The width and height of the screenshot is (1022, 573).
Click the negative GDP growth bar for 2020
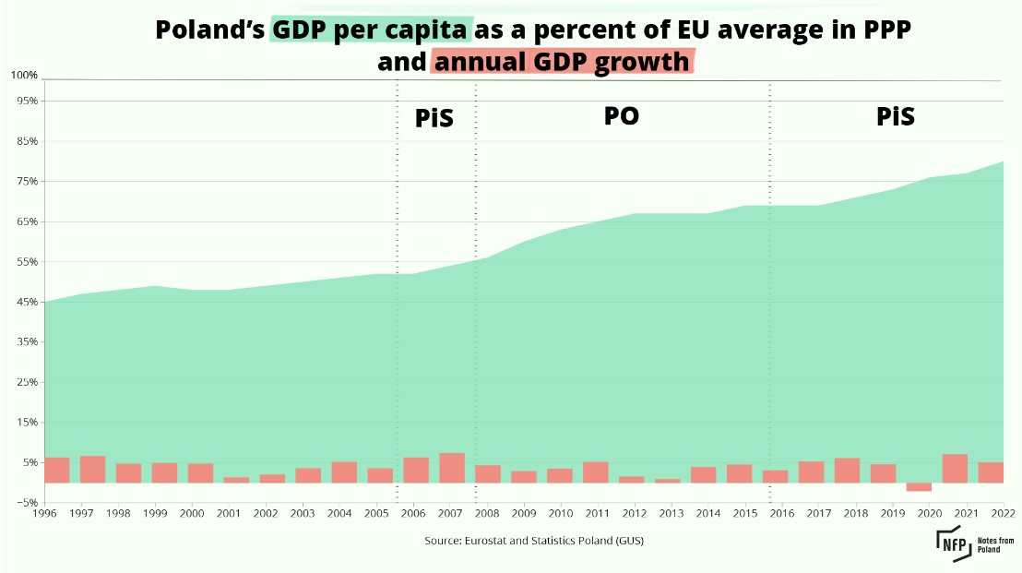click(x=919, y=486)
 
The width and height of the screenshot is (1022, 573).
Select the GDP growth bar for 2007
click(x=452, y=468)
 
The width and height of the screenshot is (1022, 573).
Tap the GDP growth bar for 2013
click(x=668, y=480)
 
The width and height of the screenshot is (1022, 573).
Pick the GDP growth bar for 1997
click(x=92, y=469)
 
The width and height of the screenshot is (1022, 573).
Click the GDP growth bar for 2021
click(x=955, y=468)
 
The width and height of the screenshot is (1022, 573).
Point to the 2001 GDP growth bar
click(x=236, y=479)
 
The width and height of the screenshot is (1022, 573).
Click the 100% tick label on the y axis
click(x=25, y=75)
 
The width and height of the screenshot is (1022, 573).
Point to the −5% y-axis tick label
click(x=25, y=503)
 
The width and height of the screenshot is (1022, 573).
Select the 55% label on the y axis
click(x=25, y=262)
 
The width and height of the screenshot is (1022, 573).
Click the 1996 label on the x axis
click(x=45, y=513)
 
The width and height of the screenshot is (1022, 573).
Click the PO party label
click(x=622, y=116)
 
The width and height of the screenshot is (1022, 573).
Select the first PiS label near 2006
click(x=434, y=119)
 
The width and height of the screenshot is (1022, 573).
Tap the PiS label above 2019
click(x=895, y=117)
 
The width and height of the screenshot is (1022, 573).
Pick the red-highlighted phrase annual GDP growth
click(x=562, y=62)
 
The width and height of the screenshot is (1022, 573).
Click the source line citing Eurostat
click(x=534, y=541)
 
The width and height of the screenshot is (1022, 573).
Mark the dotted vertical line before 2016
click(x=770, y=277)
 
